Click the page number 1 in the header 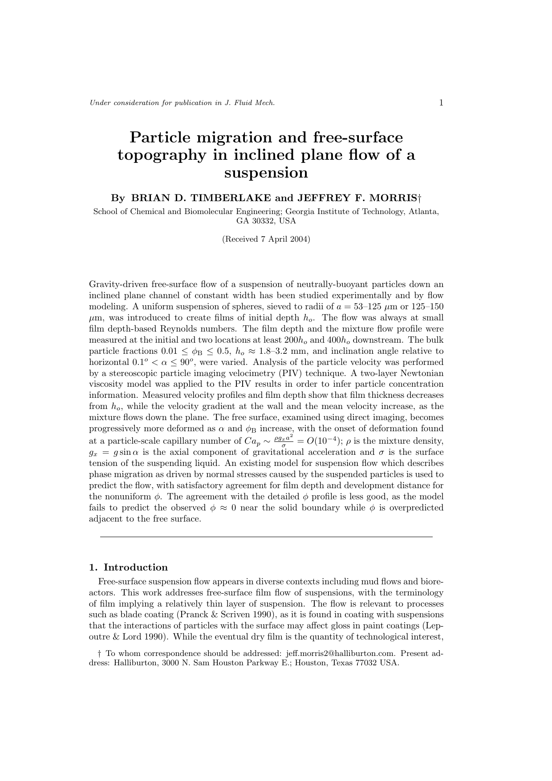tap(441, 103)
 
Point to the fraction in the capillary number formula tap(284, 441)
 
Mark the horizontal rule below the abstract tap(266, 537)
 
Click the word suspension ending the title tap(266, 173)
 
